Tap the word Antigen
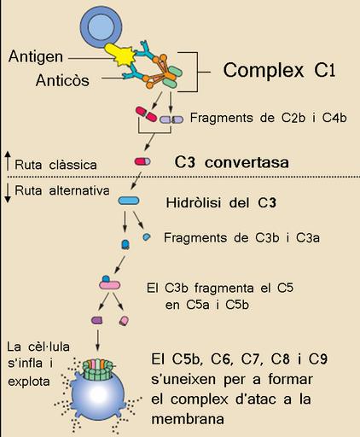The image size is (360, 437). pyautogui.click(x=36, y=56)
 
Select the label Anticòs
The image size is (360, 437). pyautogui.click(x=62, y=80)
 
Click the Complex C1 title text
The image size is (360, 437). pyautogui.click(x=279, y=70)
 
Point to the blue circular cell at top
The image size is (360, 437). pyautogui.click(x=102, y=27)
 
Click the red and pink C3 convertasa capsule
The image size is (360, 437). pyautogui.click(x=142, y=161)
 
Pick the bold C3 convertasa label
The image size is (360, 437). pyautogui.click(x=231, y=162)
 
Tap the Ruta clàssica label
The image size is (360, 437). pyautogui.click(x=55, y=165)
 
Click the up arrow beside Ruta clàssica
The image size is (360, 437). pyautogui.click(x=9, y=161)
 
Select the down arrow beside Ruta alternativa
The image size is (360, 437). pyautogui.click(x=9, y=193)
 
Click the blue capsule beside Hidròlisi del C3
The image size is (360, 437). pyautogui.click(x=129, y=201)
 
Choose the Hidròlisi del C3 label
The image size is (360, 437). pyautogui.click(x=221, y=203)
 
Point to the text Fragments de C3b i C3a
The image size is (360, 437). pyautogui.click(x=241, y=238)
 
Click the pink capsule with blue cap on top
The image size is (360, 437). pyautogui.click(x=109, y=283)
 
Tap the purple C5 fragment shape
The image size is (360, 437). pyautogui.click(x=97, y=320)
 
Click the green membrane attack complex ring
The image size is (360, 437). pyautogui.click(x=97, y=370)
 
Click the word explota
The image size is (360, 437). pyautogui.click(x=29, y=382)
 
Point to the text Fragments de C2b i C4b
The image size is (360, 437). pyautogui.click(x=269, y=118)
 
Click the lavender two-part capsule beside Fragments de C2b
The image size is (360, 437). pyautogui.click(x=171, y=119)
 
